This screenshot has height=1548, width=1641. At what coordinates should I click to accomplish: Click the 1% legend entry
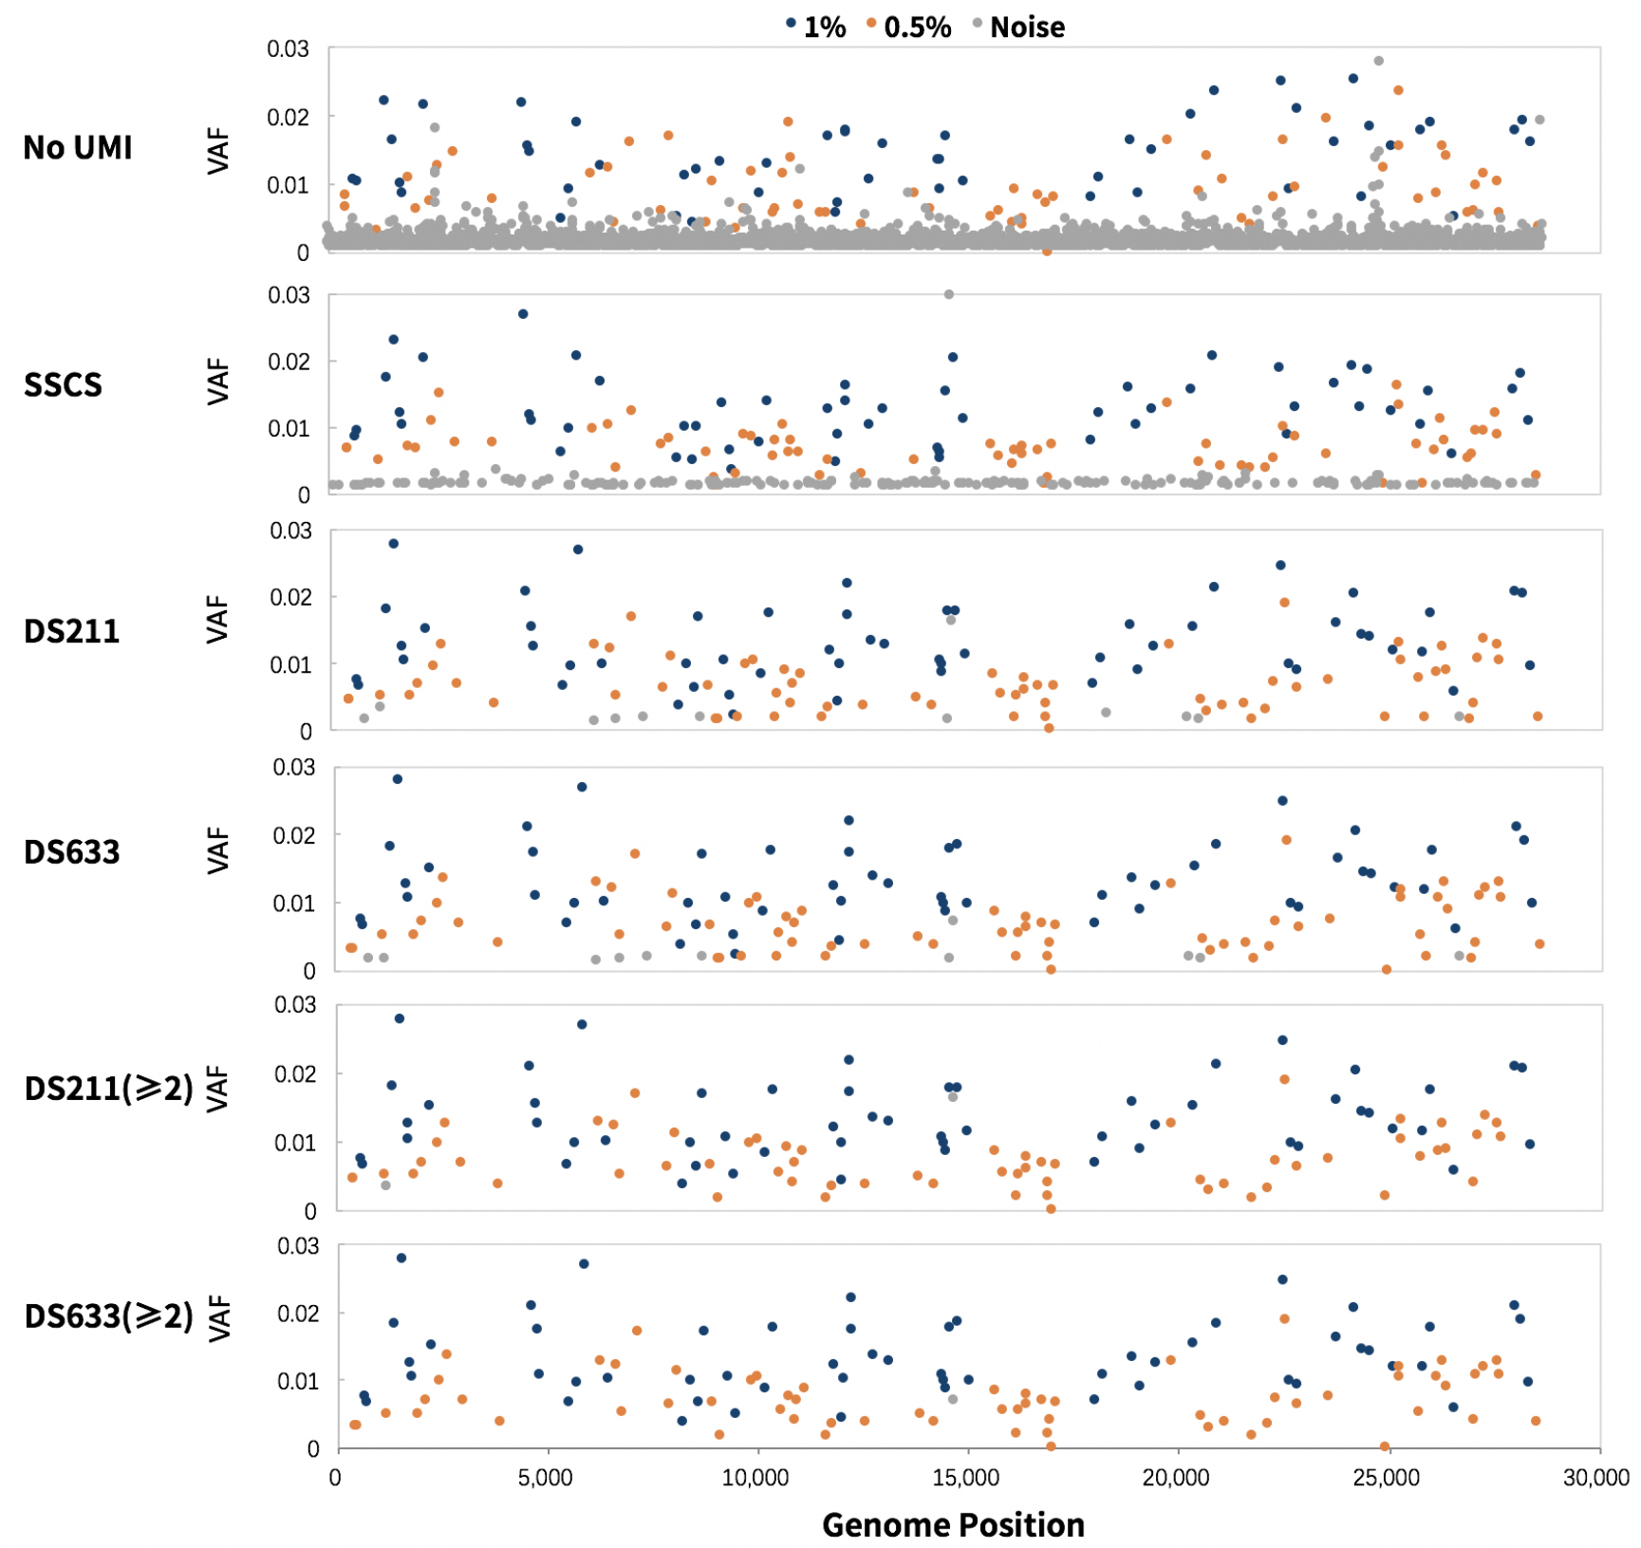pos(816,27)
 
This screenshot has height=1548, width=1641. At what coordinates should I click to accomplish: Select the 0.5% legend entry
pos(909,27)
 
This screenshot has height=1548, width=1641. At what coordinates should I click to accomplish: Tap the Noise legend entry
pos(1019,27)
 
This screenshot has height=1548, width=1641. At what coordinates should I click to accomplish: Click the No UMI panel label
pos(78,148)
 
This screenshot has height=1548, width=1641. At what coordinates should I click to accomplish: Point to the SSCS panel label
pos(63,384)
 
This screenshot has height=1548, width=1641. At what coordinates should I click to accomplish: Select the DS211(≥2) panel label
pos(108,1089)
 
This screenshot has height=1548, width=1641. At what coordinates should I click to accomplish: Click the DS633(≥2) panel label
pos(108,1316)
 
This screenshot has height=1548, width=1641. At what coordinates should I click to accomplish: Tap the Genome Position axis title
pos(953,1524)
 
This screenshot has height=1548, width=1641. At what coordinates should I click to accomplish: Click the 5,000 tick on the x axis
pos(545,1478)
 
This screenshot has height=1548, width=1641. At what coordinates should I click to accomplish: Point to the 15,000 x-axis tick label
pos(966,1478)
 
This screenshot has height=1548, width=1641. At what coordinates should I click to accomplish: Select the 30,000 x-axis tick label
pos(1596,1478)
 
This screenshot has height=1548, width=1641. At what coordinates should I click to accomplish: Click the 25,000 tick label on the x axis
pos(1386,1478)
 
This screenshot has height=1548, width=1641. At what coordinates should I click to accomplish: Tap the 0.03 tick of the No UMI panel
pos(288,48)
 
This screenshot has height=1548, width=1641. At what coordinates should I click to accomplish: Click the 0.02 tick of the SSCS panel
pos(289,362)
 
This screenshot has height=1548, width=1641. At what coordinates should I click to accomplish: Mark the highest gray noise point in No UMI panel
pos(1378,61)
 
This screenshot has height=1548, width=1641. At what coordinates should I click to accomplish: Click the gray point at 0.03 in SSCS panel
pos(949,294)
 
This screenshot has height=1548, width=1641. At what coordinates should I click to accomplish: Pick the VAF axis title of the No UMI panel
pos(218,151)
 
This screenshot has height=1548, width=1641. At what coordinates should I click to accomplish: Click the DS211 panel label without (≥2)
pos(72,631)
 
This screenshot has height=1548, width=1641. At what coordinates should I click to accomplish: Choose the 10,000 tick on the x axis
pos(755,1478)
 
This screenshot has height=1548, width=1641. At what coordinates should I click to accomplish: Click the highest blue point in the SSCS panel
pos(523,314)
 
